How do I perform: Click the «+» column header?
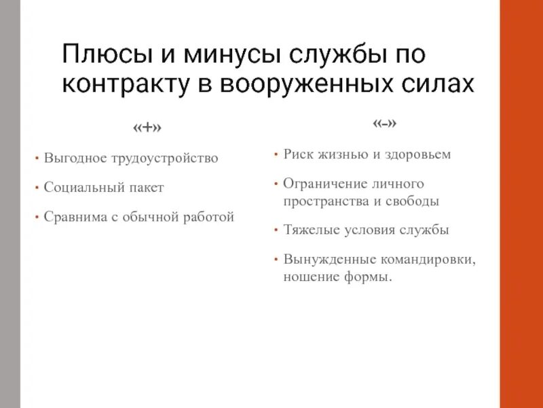pyautogui.click(x=148, y=127)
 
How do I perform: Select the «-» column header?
pyautogui.click(x=384, y=123)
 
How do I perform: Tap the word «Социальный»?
pyautogui.click(x=82, y=187)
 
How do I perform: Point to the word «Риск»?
pyautogui.click(x=299, y=154)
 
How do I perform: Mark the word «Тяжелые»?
pyautogui.click(x=310, y=230)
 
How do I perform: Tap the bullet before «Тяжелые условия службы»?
pyautogui.click(x=276, y=230)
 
